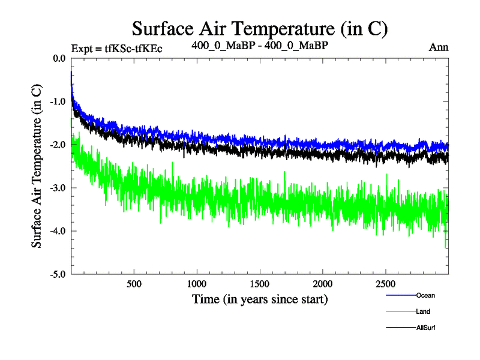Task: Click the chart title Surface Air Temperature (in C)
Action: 260,28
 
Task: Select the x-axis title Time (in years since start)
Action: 260,298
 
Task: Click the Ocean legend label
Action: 425,295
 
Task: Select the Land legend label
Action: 423,311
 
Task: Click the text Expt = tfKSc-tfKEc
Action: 116,47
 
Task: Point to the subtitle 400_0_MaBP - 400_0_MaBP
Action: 260,45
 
